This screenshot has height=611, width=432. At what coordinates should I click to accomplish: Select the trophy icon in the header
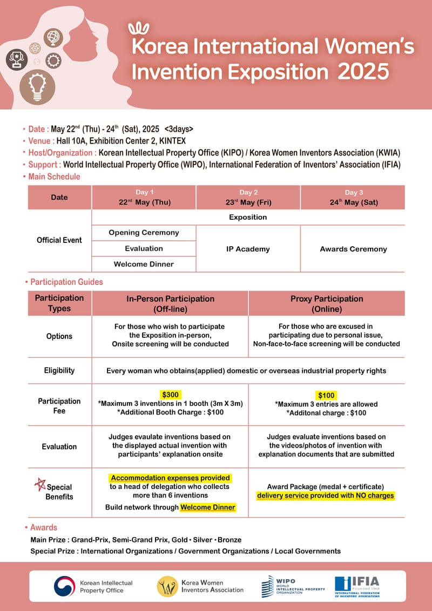point(17,59)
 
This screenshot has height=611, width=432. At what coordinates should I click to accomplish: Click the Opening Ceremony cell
point(144,233)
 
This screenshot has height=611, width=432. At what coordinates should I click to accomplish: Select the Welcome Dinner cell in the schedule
point(144,264)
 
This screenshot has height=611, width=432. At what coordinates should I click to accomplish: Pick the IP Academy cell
point(248,249)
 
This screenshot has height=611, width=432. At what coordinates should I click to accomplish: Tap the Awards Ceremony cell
point(353,249)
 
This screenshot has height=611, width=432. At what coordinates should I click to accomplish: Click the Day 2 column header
point(248,198)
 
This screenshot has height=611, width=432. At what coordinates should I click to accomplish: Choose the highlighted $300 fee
point(170,395)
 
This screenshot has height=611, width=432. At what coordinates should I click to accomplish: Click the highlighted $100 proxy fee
point(327,395)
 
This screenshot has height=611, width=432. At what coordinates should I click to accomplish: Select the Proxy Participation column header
point(327,303)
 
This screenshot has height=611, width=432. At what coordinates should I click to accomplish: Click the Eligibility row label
point(59,370)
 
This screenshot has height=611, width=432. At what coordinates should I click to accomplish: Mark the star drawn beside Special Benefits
point(39,484)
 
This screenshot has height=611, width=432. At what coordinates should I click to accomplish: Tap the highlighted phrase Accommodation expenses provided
point(170,478)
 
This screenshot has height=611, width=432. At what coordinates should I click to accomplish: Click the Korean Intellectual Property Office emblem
point(64,586)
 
